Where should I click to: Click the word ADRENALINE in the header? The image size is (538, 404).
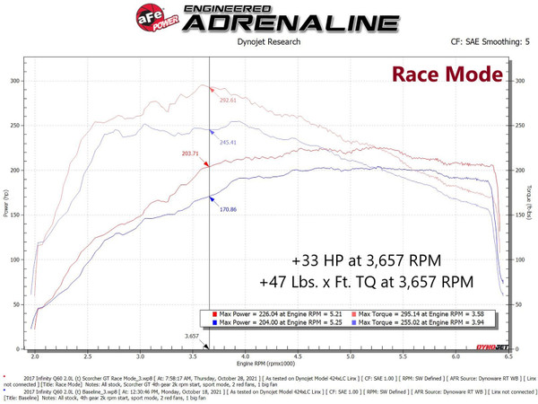(282, 23)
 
